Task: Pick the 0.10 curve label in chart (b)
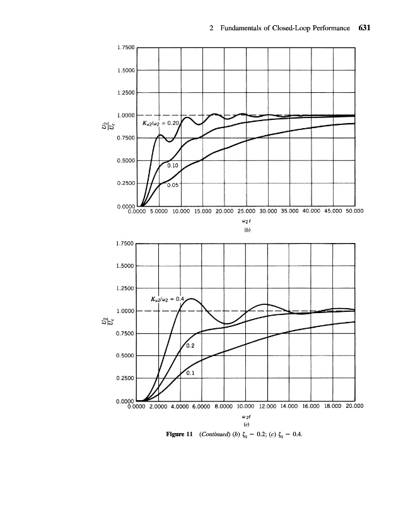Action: pos(173,165)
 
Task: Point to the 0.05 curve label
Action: pos(173,186)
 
